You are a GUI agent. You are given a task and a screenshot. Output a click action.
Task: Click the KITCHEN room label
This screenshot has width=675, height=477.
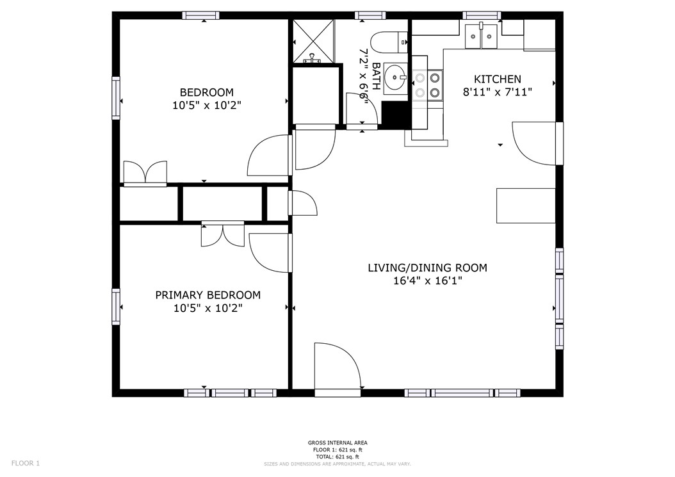pyautogui.click(x=497, y=79)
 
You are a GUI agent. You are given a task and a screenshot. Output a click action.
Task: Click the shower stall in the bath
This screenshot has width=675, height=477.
pyautogui.click(x=313, y=42)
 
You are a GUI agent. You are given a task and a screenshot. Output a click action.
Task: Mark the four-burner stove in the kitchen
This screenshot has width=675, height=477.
pyautogui.click(x=427, y=85)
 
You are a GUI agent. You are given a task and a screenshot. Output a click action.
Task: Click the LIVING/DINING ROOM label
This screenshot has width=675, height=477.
pyautogui.click(x=427, y=268)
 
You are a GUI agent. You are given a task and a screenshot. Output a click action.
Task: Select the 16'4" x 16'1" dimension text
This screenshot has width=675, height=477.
pyautogui.click(x=427, y=280)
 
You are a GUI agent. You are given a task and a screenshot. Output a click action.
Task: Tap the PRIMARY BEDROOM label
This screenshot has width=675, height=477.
pyautogui.click(x=207, y=295)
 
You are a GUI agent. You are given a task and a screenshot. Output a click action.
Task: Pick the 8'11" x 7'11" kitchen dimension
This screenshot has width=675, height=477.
pyautogui.click(x=497, y=92)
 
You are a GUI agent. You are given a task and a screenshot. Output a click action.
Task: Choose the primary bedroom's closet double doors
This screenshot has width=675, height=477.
pyautogui.click(x=222, y=234)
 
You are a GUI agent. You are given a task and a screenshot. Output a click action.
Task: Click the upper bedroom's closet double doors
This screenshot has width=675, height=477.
pyautogui.click(x=145, y=173)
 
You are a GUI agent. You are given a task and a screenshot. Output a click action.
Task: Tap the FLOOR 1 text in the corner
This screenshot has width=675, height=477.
pyautogui.click(x=26, y=463)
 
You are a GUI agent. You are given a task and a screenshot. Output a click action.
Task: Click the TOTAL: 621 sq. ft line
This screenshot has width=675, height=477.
pyautogui.click(x=337, y=457)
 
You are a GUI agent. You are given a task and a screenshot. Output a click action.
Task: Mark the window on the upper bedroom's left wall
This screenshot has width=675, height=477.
pyautogui.click(x=116, y=98)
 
